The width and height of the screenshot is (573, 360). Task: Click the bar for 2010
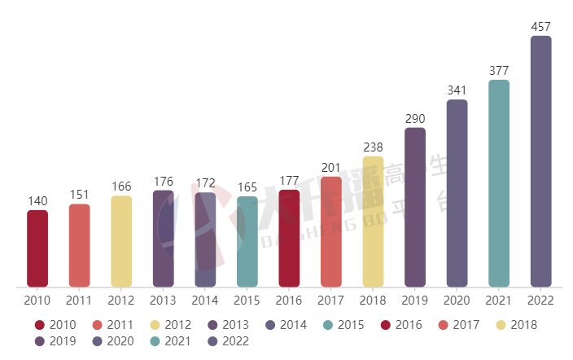[x=37, y=248]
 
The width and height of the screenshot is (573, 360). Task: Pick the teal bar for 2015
[x=247, y=242]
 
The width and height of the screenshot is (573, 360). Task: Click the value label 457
[x=540, y=27]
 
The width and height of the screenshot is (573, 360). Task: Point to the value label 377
[x=499, y=71]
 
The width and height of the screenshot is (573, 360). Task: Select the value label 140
[x=37, y=201]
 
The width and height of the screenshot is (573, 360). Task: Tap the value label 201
[x=331, y=168]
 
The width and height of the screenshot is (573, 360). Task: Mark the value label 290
[x=415, y=119]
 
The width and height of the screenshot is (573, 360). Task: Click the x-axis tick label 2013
[x=163, y=301]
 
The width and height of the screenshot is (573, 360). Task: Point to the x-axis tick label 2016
[x=289, y=301]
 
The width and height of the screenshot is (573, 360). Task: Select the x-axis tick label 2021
[x=499, y=301]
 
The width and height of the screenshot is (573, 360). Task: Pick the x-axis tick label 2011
[x=79, y=301]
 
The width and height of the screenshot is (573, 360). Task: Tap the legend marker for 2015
[x=328, y=325]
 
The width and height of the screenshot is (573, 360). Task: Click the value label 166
[x=121, y=187]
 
